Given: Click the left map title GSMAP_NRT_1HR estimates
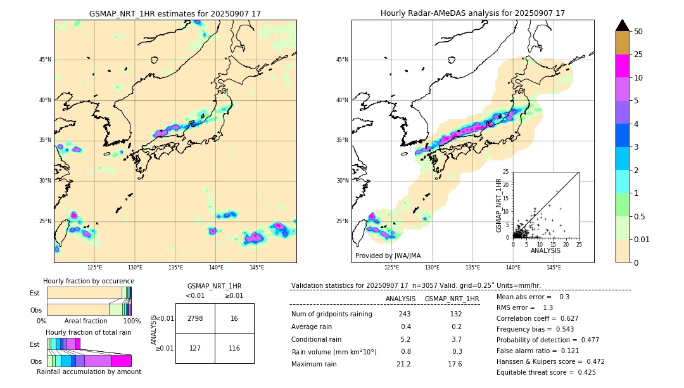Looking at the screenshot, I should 175,13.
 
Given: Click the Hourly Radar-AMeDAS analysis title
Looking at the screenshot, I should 472,13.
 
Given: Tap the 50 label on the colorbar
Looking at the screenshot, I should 638,32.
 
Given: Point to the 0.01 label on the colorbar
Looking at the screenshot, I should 643,239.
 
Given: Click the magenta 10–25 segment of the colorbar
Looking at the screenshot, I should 622,66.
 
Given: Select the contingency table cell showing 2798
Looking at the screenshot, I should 195,318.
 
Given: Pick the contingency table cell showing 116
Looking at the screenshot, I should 234,349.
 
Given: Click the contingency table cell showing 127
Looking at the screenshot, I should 195,349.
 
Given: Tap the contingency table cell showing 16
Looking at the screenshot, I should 234,318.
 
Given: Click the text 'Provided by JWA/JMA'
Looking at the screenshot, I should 388,255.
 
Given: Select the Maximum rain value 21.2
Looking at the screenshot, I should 403,364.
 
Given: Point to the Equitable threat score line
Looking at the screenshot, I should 546,373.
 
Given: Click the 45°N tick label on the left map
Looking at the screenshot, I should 45,60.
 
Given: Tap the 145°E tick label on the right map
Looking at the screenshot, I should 554,268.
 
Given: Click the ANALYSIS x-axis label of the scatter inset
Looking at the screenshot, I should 545,250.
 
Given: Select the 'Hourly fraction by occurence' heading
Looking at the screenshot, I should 89,281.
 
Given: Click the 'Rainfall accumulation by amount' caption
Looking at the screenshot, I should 89,372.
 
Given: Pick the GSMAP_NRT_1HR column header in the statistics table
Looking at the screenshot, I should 452,299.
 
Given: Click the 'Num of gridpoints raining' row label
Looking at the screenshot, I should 331,314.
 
